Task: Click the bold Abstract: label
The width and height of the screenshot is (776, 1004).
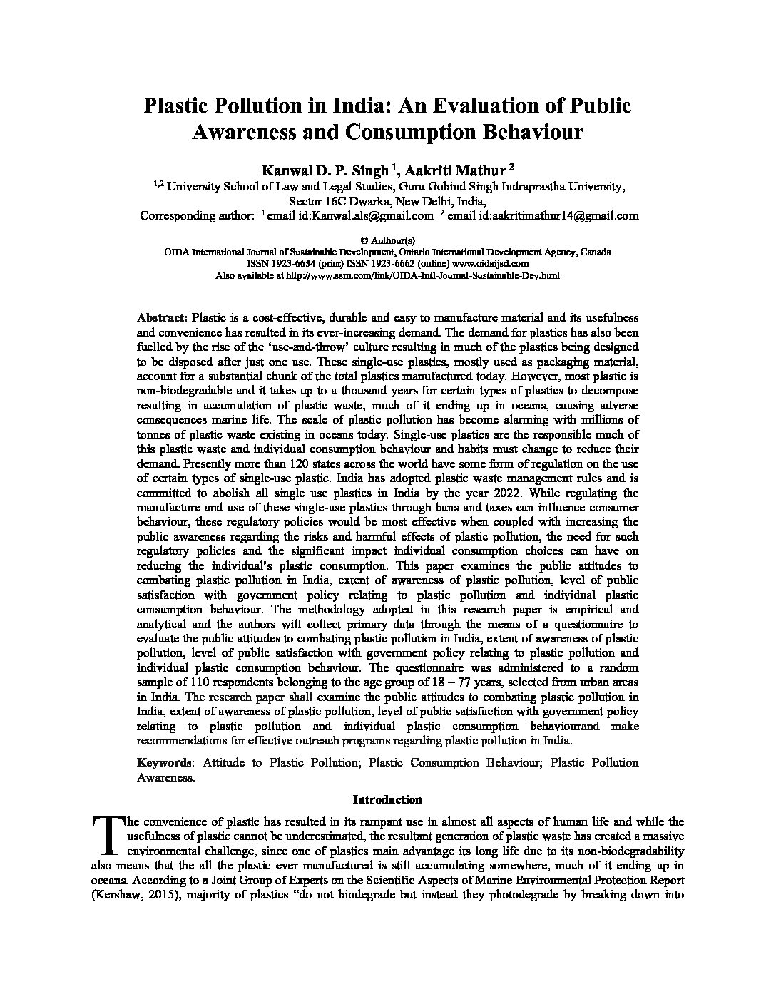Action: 162,317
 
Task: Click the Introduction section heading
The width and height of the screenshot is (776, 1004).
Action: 387,799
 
